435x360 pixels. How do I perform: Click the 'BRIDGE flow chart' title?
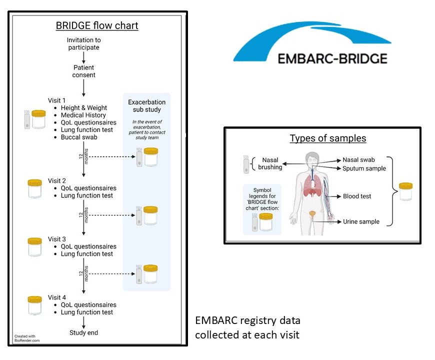click(x=97, y=25)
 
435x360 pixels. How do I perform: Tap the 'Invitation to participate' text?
click(x=84, y=43)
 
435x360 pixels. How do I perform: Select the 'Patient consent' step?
click(x=84, y=71)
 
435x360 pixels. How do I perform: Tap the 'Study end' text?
click(x=83, y=332)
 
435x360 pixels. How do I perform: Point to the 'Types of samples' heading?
click(x=328, y=138)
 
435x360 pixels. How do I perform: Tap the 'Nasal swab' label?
click(x=358, y=160)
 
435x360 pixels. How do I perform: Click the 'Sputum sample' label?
click(x=364, y=168)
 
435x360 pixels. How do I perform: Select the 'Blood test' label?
click(x=357, y=196)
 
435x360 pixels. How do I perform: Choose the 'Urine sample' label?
click(x=361, y=221)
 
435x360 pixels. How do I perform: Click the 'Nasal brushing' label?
click(x=270, y=163)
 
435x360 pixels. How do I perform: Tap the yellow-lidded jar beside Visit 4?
click(x=35, y=305)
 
